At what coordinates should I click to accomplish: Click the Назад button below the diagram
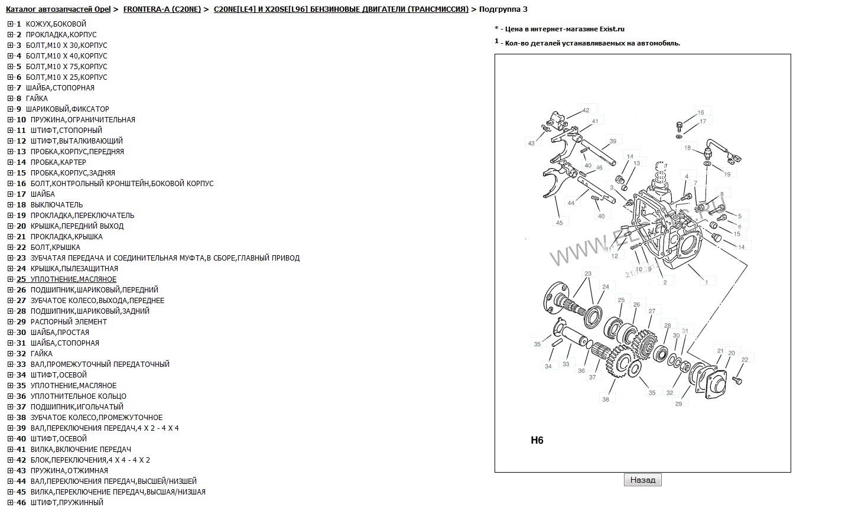coord(642,480)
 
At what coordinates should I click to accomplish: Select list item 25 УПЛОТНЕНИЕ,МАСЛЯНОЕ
coord(73,279)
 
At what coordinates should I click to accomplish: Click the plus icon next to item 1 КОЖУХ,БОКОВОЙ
coord(10,24)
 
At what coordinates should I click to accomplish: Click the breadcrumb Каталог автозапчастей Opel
coord(58,9)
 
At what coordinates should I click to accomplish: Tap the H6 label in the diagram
coord(537,440)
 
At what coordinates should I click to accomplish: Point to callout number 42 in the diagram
coord(586,110)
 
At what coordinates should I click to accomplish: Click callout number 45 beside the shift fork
coord(559,222)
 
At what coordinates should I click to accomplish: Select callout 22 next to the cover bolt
coord(745,359)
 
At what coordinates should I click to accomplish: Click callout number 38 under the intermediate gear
coord(606,399)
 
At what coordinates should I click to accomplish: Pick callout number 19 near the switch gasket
coord(727,174)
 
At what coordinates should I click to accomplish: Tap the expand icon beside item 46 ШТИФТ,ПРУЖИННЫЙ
coord(10,503)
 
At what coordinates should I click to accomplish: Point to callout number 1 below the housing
coord(706,282)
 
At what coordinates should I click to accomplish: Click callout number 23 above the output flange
coord(588,274)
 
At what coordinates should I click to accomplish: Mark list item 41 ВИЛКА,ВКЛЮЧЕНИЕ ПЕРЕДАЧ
coord(80,450)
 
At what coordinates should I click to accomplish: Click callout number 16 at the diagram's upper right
coord(701,112)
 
